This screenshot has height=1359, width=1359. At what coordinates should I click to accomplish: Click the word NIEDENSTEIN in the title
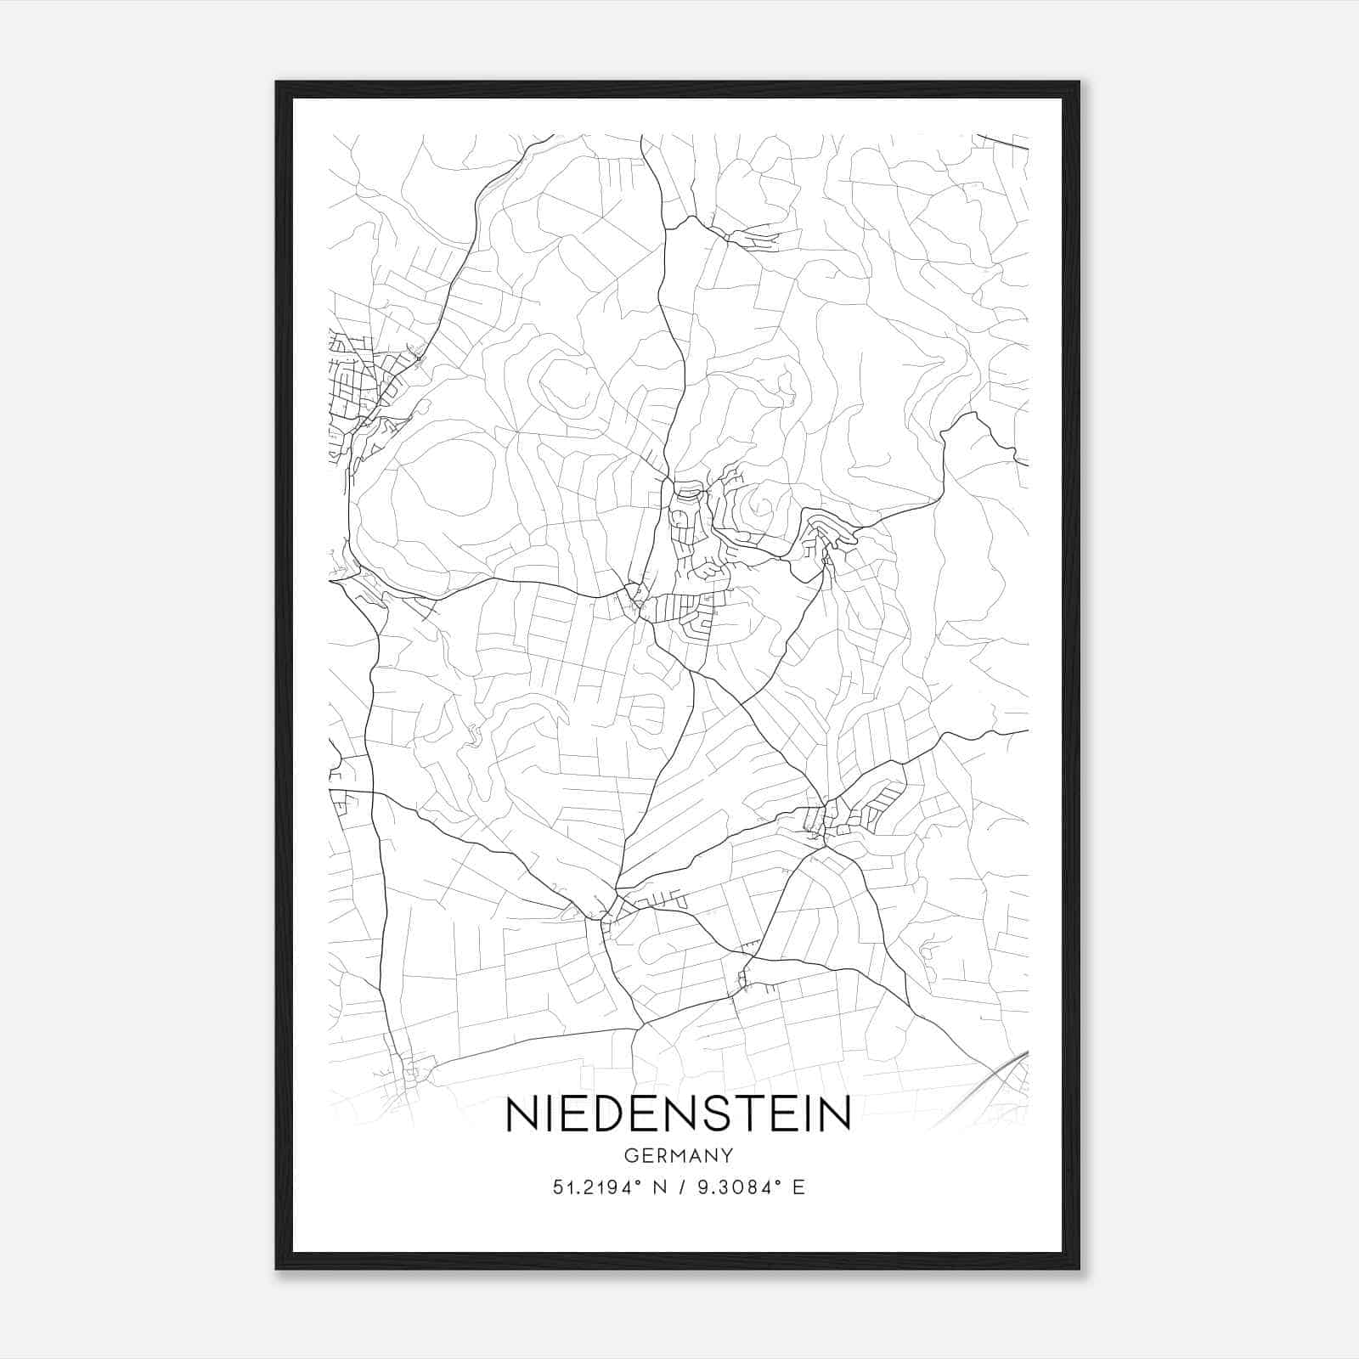678,1114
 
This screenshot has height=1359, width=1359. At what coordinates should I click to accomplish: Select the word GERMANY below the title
678,1155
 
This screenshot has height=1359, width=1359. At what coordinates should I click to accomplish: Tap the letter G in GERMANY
629,1155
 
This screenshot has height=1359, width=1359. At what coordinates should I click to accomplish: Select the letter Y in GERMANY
727,1155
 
